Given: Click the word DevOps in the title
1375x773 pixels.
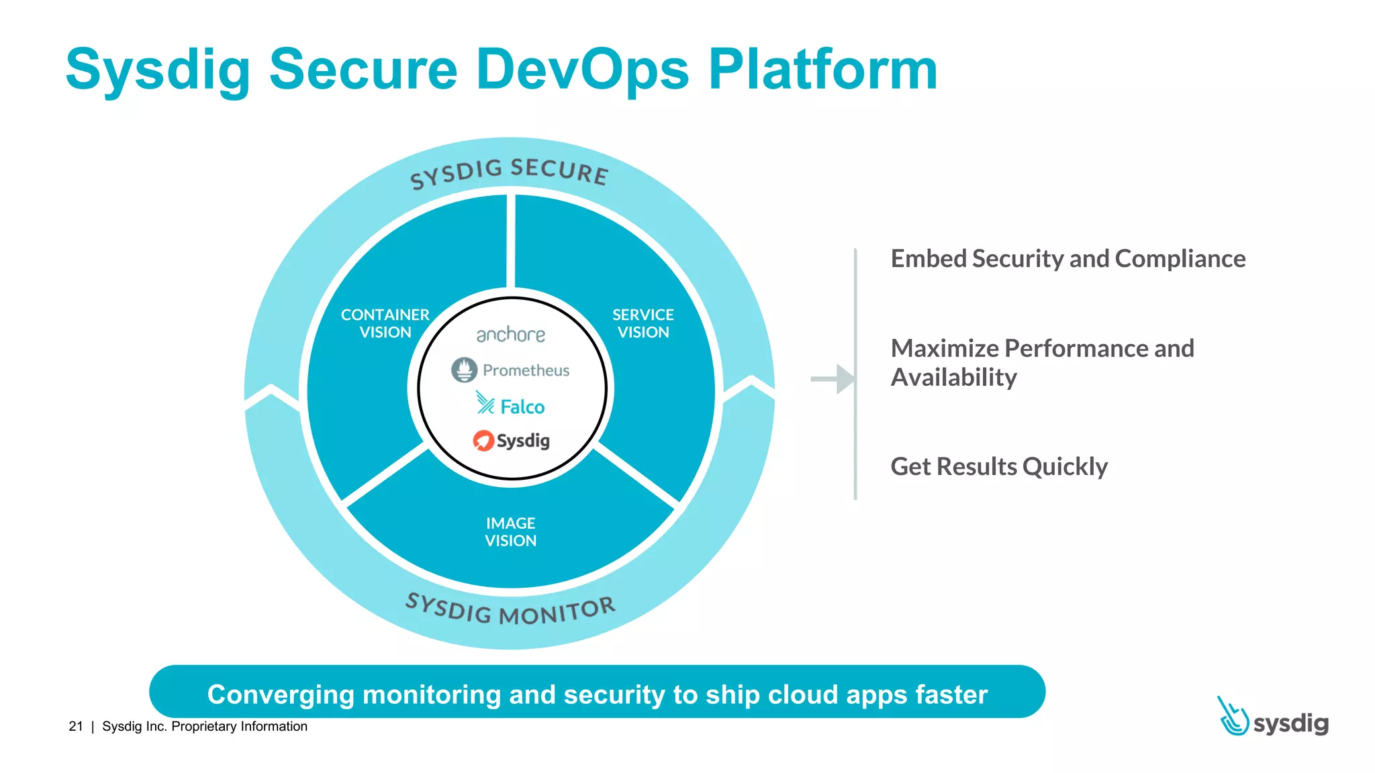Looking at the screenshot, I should pyautogui.click(x=581, y=70).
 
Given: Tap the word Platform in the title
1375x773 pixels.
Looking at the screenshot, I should pyautogui.click(x=822, y=70).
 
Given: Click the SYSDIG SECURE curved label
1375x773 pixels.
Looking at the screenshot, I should pyautogui.click(x=509, y=172).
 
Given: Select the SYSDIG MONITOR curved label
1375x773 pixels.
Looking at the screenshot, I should pyautogui.click(x=510, y=609).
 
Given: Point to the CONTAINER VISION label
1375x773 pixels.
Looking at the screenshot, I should pyautogui.click(x=385, y=323).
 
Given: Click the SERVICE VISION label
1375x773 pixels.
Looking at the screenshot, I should pyautogui.click(x=643, y=323).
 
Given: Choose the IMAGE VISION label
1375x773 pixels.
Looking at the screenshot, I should pyautogui.click(x=510, y=532).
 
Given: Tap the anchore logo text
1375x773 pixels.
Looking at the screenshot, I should pyautogui.click(x=510, y=334).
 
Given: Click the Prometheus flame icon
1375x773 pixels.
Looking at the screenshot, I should pyautogui.click(x=464, y=370).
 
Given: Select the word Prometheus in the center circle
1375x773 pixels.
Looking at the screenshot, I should pyautogui.click(x=526, y=370).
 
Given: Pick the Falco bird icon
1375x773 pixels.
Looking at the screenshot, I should pyautogui.click(x=485, y=403).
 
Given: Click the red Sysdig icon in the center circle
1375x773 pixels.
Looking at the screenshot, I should pyautogui.click(x=483, y=440).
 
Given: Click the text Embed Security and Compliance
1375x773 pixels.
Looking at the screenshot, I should pyautogui.click(x=1068, y=259).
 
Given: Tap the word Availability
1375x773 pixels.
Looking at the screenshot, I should pyautogui.click(x=953, y=378).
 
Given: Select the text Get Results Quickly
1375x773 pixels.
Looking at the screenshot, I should pyautogui.click(x=998, y=466).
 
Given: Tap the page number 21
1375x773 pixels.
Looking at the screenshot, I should pyautogui.click(x=76, y=726).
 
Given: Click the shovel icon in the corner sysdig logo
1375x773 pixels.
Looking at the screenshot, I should pyautogui.click(x=1233, y=717).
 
